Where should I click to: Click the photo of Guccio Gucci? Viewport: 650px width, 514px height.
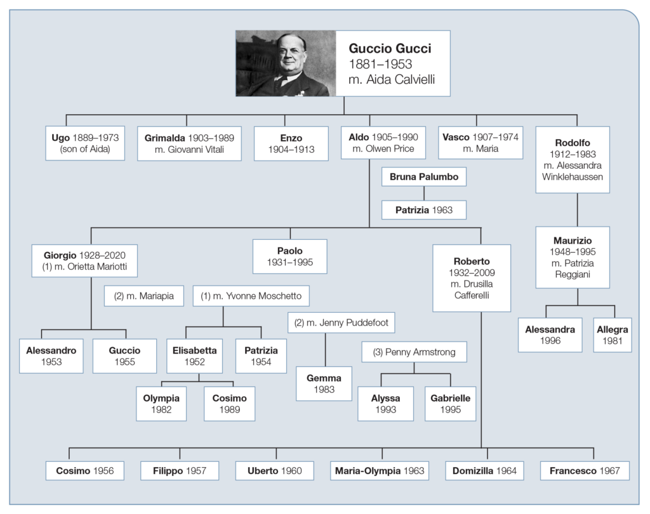click(x=286, y=63)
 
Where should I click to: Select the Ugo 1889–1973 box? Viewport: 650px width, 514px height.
click(x=85, y=143)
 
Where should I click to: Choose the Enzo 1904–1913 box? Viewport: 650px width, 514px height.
click(x=290, y=143)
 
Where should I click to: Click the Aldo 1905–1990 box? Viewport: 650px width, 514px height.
click(x=377, y=143)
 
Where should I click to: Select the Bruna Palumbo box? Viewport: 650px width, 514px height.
click(x=423, y=176)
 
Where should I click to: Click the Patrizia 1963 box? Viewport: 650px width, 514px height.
click(x=424, y=209)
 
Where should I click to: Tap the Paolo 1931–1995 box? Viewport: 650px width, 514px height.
click(x=290, y=256)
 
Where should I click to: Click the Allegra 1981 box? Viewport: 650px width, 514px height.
click(x=613, y=334)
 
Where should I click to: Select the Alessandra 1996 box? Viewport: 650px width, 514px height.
click(x=550, y=334)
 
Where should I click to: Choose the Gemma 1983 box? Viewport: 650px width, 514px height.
click(x=324, y=383)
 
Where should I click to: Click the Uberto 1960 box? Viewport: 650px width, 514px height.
click(x=275, y=471)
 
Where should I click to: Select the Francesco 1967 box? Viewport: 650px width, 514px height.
click(x=585, y=471)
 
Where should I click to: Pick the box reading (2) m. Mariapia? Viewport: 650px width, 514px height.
click(x=143, y=295)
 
